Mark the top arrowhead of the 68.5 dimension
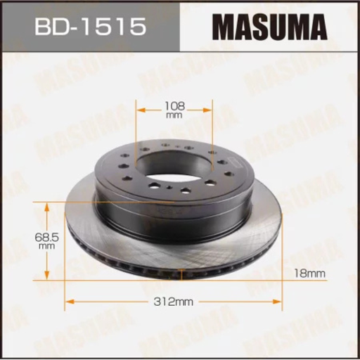pyautogui.click(x=48, y=206)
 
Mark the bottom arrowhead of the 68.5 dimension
pyautogui.click(x=48, y=276)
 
